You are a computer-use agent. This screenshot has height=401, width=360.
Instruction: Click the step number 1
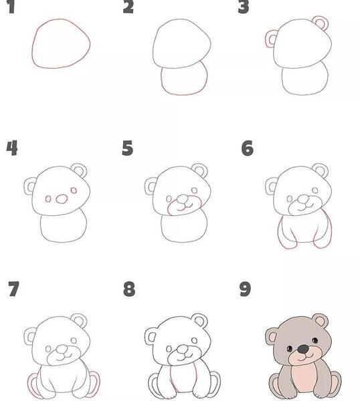[11, 7]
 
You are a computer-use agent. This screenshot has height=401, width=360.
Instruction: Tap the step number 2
[128, 7]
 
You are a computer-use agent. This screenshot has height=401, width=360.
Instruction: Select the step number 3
[244, 7]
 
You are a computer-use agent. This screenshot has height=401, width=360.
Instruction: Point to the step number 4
[12, 148]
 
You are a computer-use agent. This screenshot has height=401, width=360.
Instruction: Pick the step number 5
[128, 148]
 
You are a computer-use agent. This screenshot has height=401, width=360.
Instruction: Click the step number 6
[248, 148]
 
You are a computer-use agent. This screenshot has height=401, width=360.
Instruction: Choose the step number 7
[13, 289]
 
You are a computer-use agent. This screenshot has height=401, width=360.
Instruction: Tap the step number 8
[129, 289]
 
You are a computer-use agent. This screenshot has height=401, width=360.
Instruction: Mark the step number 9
[246, 289]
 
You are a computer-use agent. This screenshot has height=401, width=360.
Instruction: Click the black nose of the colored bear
[303, 349]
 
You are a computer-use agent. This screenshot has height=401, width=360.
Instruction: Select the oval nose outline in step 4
[62, 199]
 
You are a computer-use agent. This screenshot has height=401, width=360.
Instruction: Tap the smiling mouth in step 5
[185, 205]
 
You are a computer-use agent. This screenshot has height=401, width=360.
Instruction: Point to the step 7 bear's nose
[62, 349]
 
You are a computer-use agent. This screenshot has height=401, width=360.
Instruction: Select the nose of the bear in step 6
[303, 198]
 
